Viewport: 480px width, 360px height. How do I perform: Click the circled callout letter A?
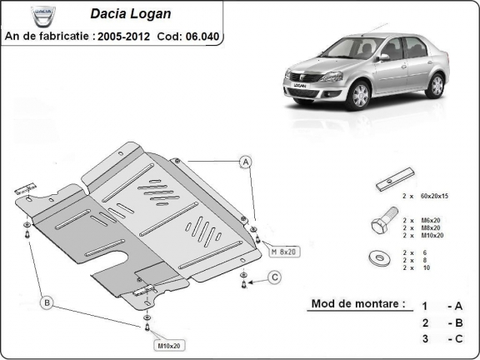point(247,162)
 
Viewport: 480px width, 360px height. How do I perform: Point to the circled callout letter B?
point(47,301)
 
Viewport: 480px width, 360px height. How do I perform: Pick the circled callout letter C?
point(274,277)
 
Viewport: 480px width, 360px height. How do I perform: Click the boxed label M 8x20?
point(282,250)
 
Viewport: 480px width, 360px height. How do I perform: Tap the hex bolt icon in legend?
point(380,226)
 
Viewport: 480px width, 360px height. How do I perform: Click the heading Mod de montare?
point(358,303)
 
